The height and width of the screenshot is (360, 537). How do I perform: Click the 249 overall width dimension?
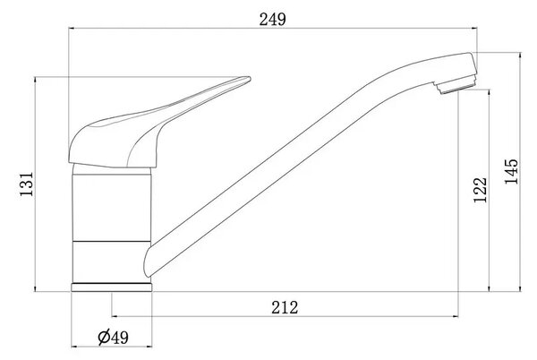272,19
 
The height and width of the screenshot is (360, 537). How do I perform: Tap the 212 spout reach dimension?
285,307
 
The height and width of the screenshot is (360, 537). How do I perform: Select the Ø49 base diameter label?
113,337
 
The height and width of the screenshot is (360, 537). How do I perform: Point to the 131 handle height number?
27,184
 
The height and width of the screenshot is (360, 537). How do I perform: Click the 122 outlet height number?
480,190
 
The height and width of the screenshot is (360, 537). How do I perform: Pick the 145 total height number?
511,171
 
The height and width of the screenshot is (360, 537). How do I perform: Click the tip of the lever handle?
250,79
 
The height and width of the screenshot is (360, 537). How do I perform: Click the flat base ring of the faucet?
112,287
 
